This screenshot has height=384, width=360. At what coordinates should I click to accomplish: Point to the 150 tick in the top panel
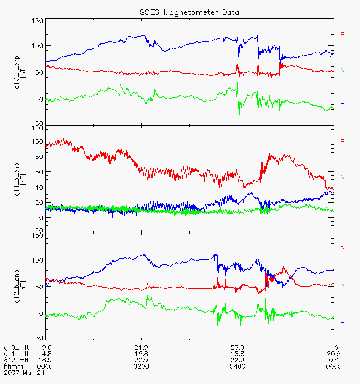(x=37, y=21)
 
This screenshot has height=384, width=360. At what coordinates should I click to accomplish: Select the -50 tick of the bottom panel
(x=36, y=337)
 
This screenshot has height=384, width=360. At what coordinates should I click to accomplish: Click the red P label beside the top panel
(x=342, y=34)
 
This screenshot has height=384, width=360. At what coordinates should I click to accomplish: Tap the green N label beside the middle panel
(x=343, y=178)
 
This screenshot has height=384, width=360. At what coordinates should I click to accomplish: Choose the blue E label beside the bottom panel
(x=342, y=320)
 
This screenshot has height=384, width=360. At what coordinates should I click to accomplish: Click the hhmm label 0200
(x=141, y=366)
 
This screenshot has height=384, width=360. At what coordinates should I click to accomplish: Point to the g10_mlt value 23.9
(x=237, y=348)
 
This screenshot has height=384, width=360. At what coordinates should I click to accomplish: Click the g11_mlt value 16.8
(x=141, y=354)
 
